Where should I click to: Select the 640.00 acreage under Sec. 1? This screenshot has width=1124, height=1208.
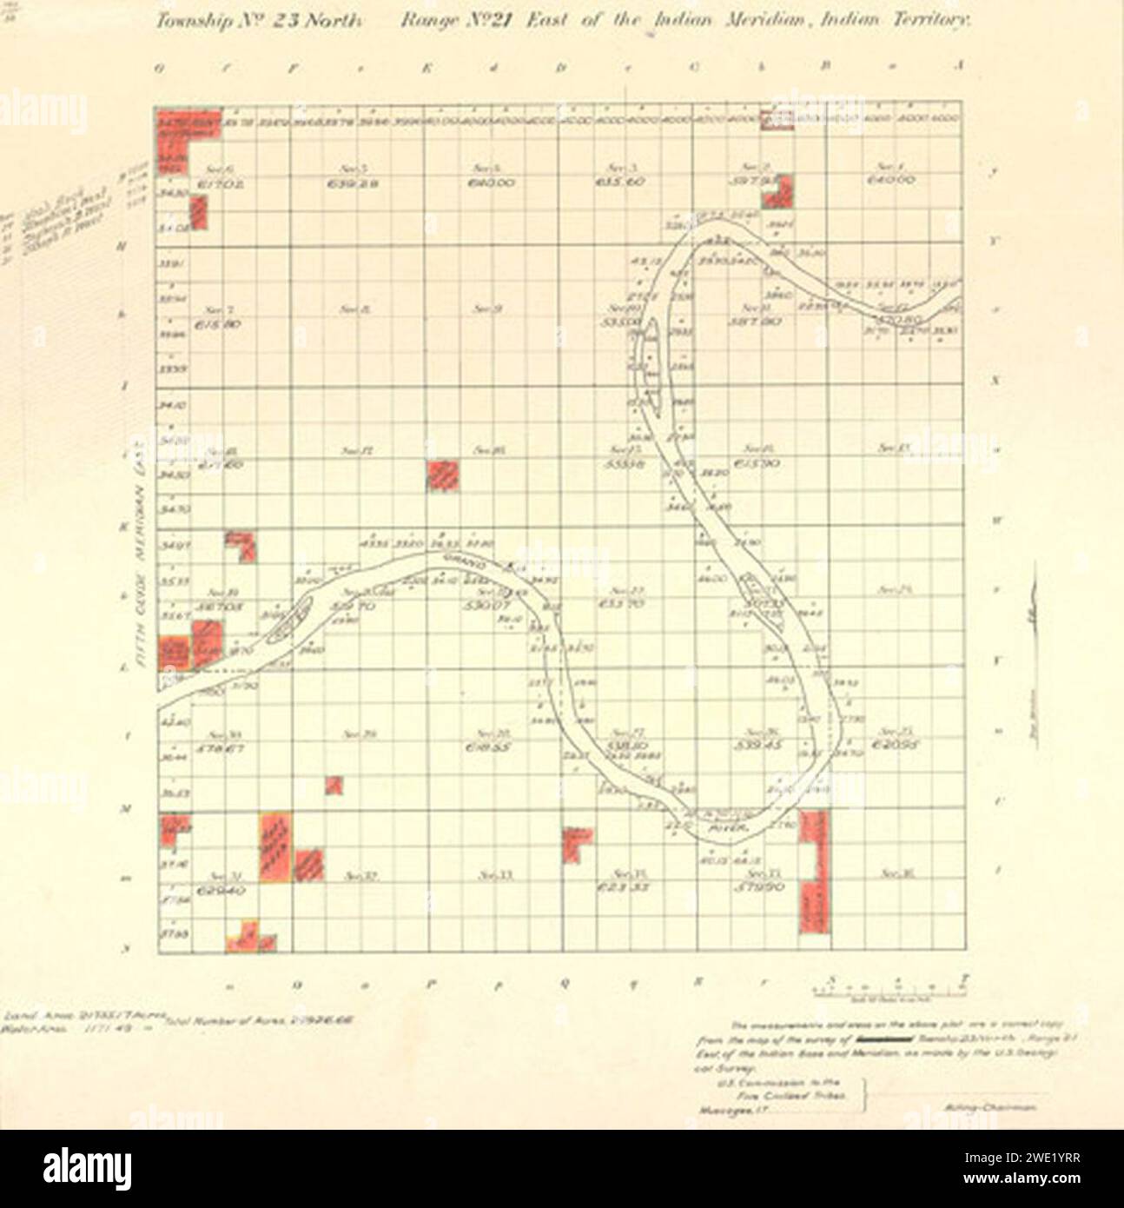[x=891, y=181]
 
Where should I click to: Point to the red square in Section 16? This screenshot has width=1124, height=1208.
[x=443, y=475]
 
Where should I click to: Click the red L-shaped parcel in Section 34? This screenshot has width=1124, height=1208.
[x=574, y=842]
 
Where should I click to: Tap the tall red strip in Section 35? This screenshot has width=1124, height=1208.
[x=814, y=872]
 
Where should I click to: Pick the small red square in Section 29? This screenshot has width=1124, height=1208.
[x=334, y=785]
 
